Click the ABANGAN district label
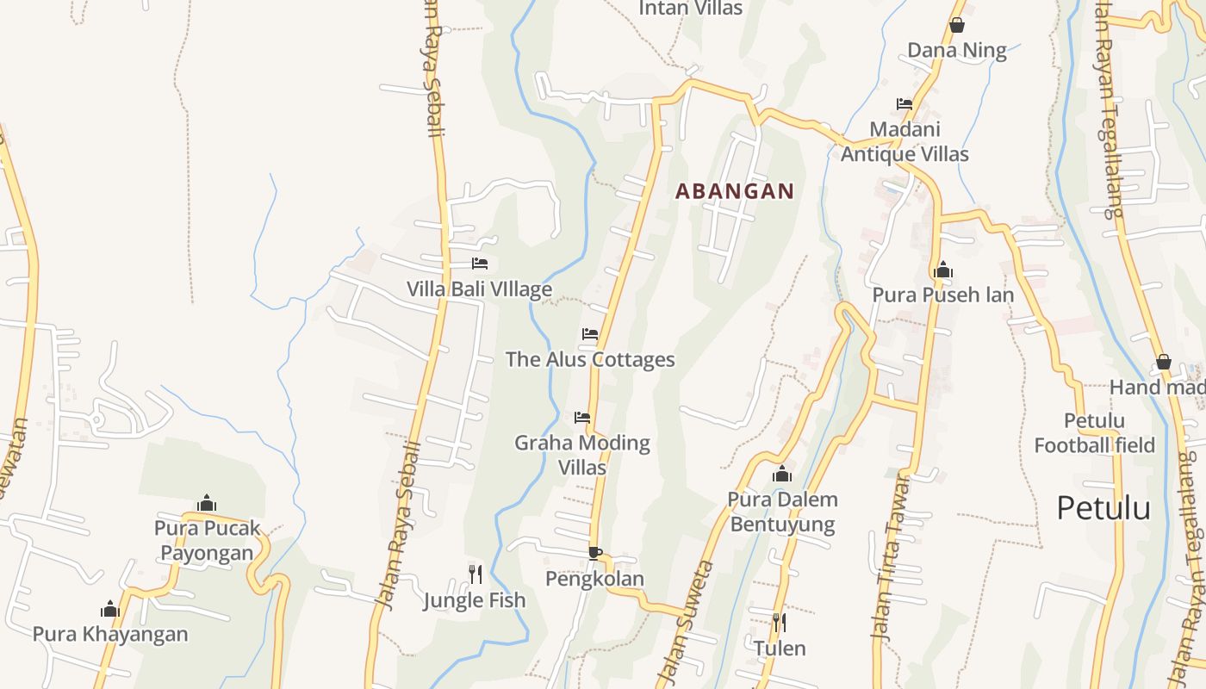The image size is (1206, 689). point(735,191)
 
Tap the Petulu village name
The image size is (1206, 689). point(1103,508)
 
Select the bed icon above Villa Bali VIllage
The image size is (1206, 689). point(480,264)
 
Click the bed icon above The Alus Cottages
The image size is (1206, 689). point(590,334)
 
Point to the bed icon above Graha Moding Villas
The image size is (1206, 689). point(582,418)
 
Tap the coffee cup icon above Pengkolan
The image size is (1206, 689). point(594,553)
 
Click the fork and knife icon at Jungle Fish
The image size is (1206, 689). point(475,574)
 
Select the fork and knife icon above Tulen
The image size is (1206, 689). point(780,622)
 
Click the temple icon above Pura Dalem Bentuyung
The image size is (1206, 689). point(781,474)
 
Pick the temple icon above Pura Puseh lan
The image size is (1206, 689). point(943,270)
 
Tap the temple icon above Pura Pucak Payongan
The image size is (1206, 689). point(207,503)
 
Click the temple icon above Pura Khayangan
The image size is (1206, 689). point(110,609)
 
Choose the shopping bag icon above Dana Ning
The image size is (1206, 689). point(956,25)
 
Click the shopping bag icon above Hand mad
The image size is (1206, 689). point(1163,362)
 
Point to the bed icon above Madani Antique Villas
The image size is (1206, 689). point(904,104)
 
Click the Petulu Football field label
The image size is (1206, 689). point(1094,433)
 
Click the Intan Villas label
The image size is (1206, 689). point(691,9)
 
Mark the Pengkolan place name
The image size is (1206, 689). point(594,579)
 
